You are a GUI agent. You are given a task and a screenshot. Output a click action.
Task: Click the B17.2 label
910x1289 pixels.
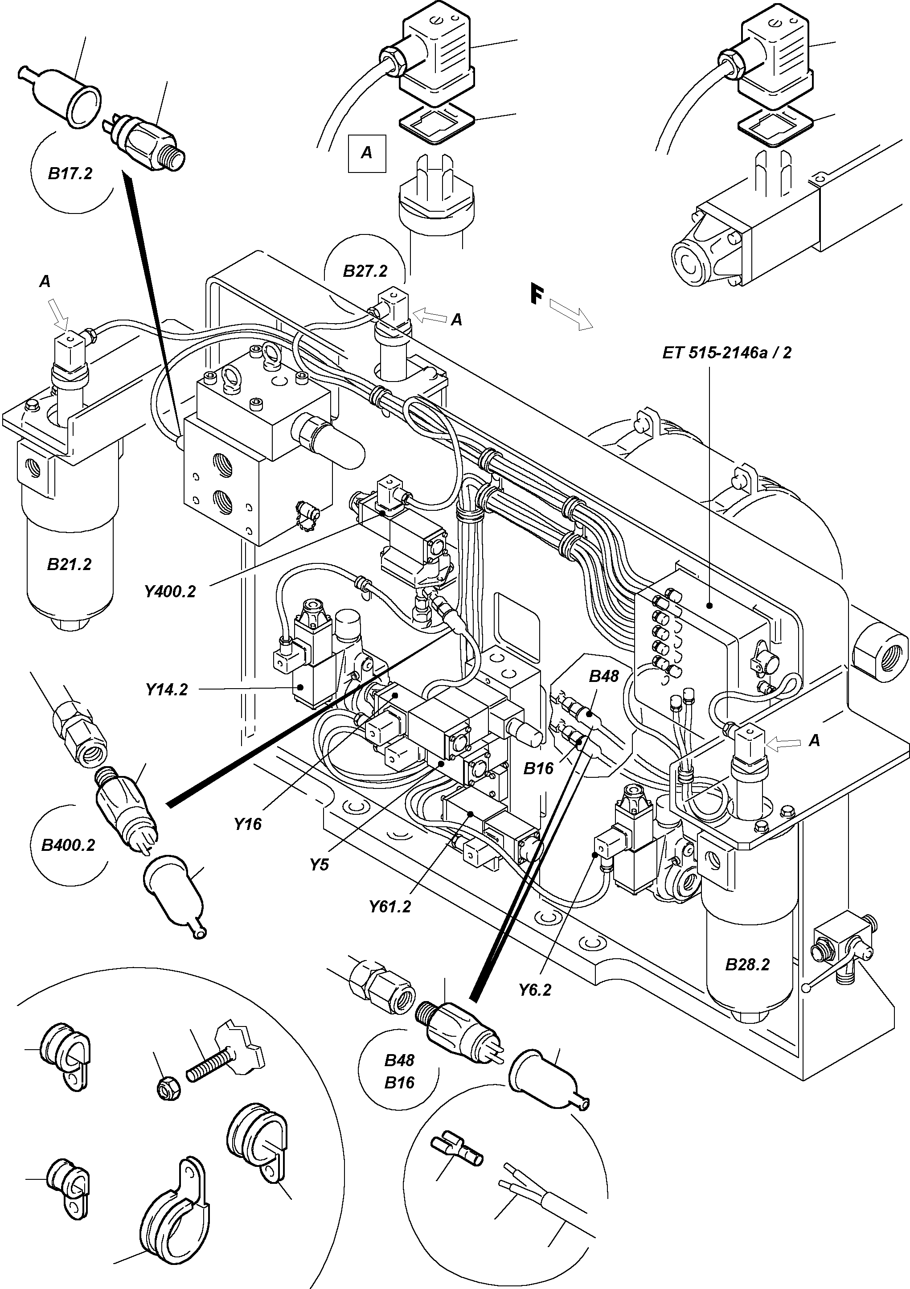(x=70, y=173)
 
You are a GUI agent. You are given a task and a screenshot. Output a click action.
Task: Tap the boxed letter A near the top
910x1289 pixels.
(x=367, y=153)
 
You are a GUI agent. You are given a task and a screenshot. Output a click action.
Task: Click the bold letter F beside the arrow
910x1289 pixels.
(x=537, y=296)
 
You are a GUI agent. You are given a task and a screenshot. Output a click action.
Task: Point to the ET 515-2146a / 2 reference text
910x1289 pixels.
(x=726, y=353)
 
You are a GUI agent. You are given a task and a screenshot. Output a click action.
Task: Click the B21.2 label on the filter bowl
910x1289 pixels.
(x=69, y=564)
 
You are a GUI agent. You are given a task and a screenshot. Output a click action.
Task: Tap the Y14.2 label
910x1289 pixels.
(x=167, y=690)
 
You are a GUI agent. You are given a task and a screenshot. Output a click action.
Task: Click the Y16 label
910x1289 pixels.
(x=248, y=824)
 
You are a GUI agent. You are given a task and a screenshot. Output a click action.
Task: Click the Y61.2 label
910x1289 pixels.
(x=389, y=907)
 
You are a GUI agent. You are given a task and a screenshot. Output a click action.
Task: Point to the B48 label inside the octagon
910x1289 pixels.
(x=603, y=676)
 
